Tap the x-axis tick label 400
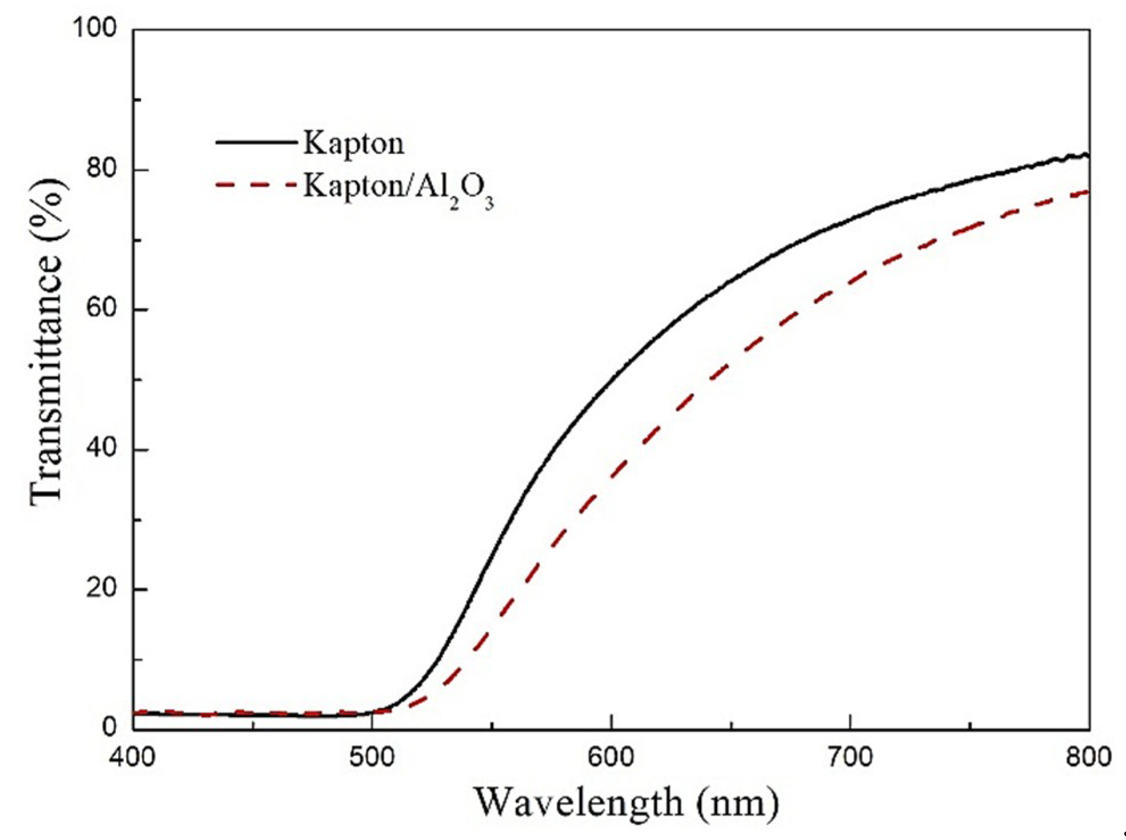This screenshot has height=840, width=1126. [x=133, y=758]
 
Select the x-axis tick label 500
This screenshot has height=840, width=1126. [x=372, y=758]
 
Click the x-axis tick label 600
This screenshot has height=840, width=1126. [x=611, y=758]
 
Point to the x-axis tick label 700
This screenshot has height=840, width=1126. [x=850, y=758]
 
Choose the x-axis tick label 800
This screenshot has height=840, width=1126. [x=1088, y=758]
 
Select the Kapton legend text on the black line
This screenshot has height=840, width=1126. [x=353, y=142]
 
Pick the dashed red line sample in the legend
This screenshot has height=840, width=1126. [x=256, y=184]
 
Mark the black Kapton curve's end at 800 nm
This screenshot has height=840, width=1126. [x=1087, y=156]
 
